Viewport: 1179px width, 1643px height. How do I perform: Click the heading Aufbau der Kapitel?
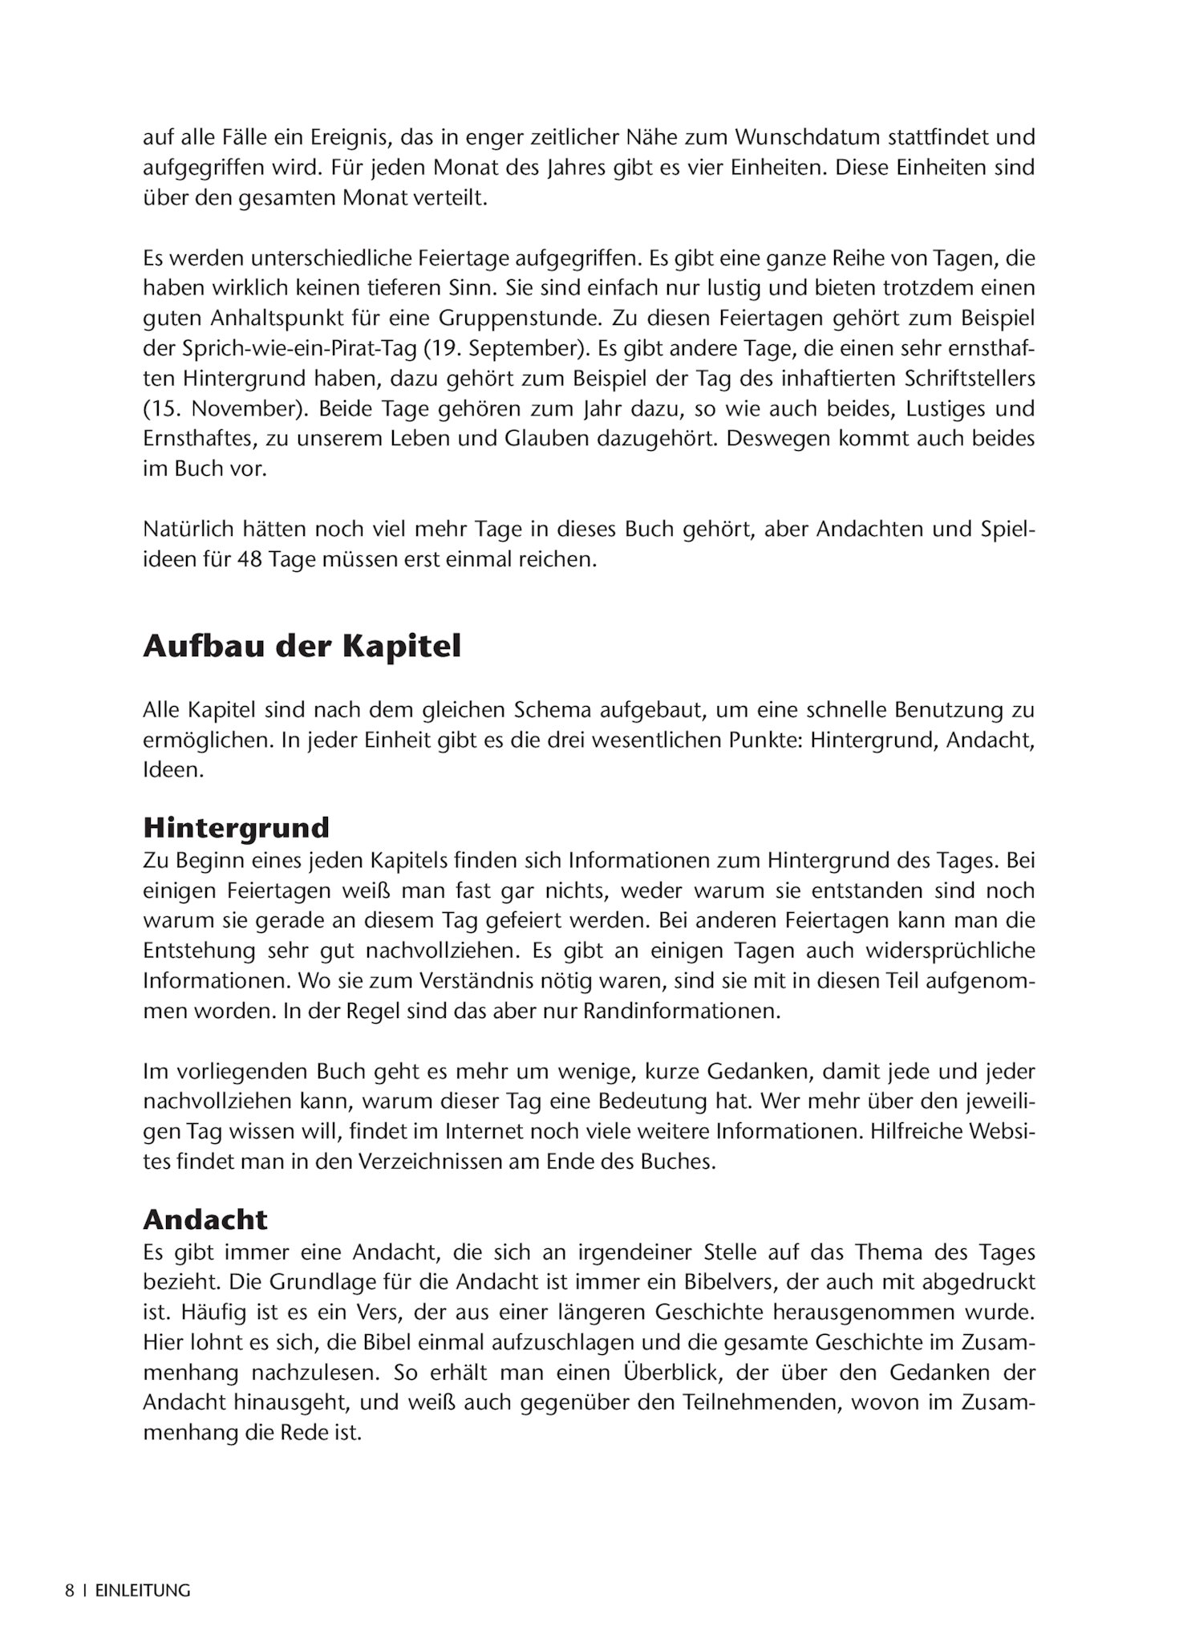pos(302,647)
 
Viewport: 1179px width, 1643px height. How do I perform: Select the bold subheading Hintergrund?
pos(236,827)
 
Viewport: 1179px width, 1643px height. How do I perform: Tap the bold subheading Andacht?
pos(205,1219)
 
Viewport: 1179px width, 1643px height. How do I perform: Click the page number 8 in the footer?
pos(70,1590)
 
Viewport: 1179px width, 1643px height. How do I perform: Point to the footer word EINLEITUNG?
pos(143,1590)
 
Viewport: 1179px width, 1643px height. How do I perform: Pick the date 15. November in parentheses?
pos(225,408)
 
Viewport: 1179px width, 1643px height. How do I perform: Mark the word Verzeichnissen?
pos(415,1161)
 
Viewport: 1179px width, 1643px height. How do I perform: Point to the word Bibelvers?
pos(723,1281)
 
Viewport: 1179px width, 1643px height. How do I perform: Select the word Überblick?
pos(652,1372)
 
